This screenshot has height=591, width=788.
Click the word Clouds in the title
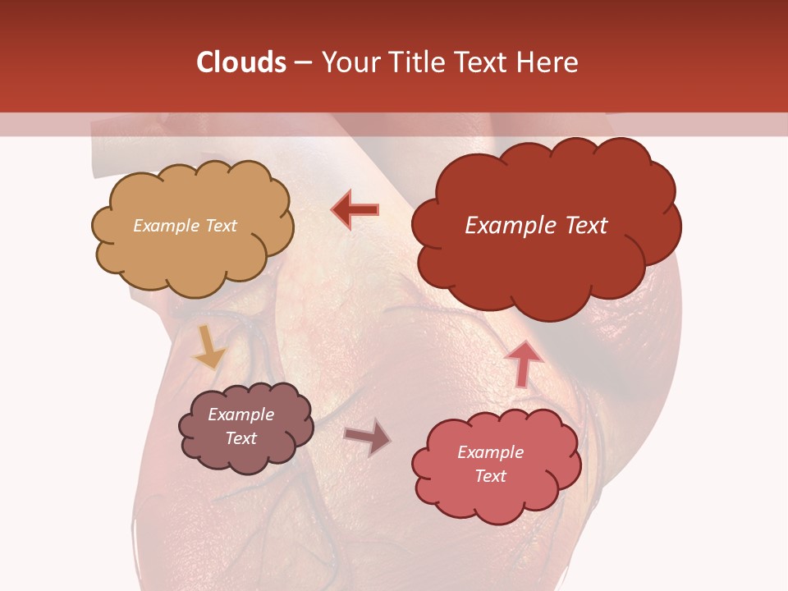click(241, 62)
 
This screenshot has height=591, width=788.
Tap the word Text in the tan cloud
click(221, 226)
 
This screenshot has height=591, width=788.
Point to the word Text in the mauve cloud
click(241, 438)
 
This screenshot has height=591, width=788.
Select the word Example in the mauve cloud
click(241, 415)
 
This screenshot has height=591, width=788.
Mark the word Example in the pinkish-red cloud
click(490, 452)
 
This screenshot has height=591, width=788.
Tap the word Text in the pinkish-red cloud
click(490, 476)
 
